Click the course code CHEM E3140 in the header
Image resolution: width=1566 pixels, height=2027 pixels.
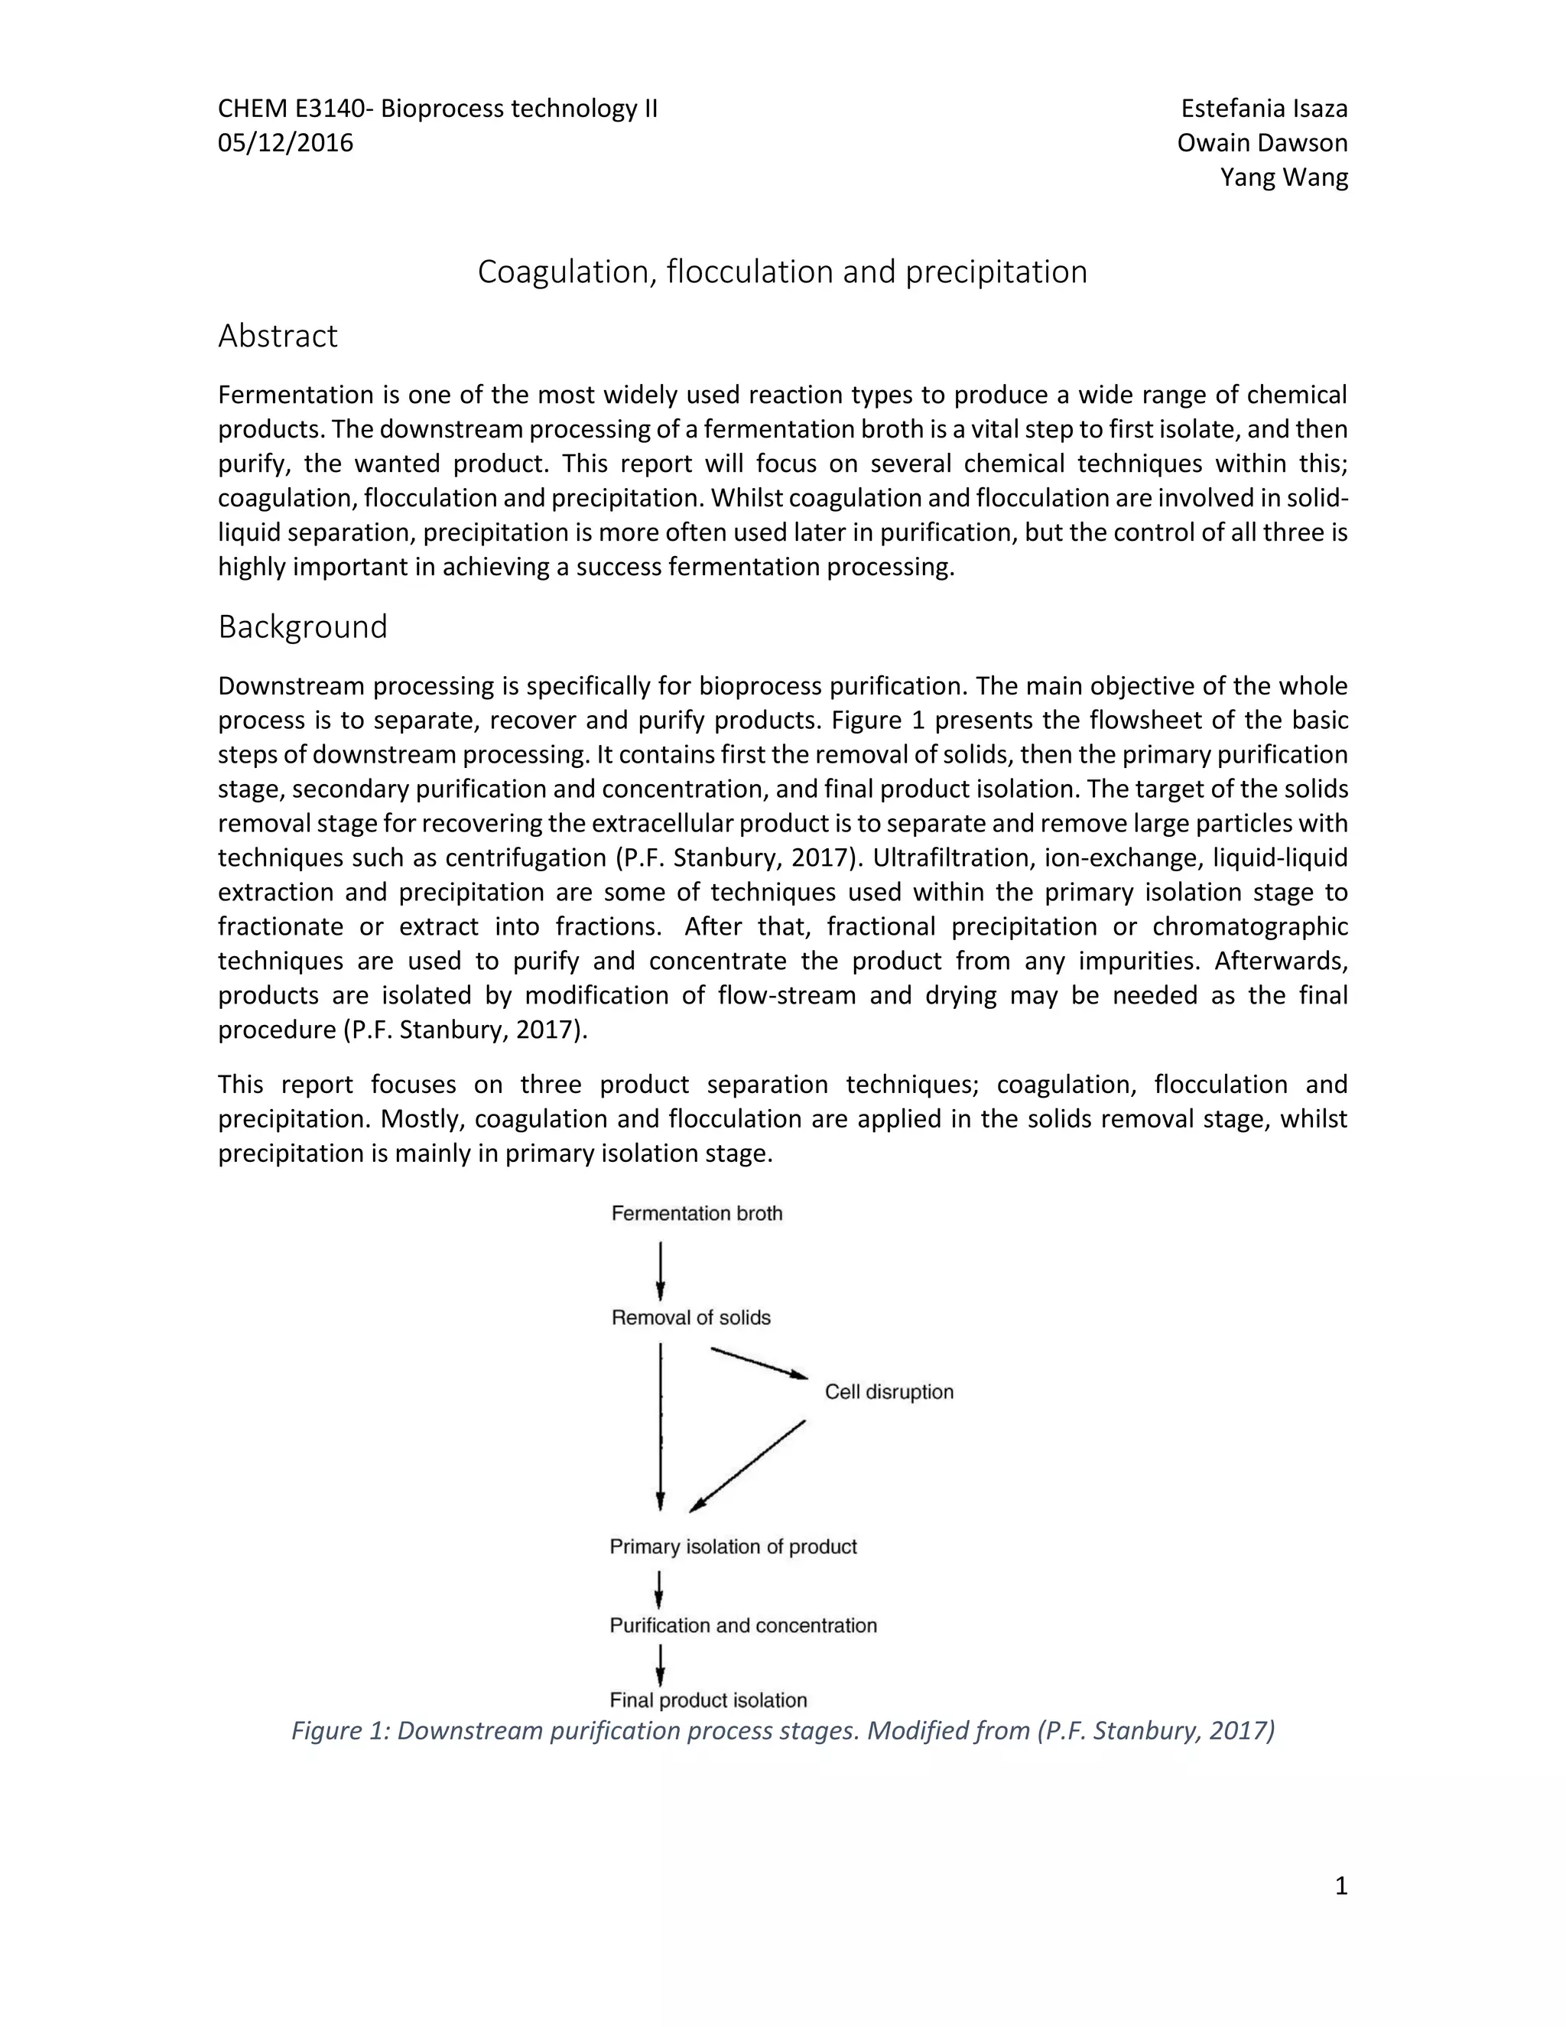click(292, 109)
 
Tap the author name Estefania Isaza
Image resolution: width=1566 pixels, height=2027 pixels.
click(1262, 109)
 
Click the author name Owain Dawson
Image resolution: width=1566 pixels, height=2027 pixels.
click(1262, 143)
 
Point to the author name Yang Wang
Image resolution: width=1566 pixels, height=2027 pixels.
click(1283, 177)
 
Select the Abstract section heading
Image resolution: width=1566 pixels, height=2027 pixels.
click(278, 335)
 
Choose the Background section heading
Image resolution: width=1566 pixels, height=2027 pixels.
click(303, 626)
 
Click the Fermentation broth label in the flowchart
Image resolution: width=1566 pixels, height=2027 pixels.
click(697, 1213)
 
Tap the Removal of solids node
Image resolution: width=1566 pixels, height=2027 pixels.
click(690, 1317)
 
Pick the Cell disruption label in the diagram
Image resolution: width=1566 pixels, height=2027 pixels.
click(889, 1391)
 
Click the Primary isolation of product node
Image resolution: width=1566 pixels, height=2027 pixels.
click(732, 1546)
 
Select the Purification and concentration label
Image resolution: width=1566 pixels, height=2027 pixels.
click(742, 1625)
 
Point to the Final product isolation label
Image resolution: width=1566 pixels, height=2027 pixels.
click(708, 1700)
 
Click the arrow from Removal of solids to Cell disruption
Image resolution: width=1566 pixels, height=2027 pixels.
click(759, 1362)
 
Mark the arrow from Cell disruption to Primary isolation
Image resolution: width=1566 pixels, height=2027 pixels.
click(748, 1466)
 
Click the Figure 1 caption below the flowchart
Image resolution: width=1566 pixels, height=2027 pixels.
click(782, 1730)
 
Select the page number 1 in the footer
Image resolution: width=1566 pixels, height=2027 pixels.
click(1340, 1886)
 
